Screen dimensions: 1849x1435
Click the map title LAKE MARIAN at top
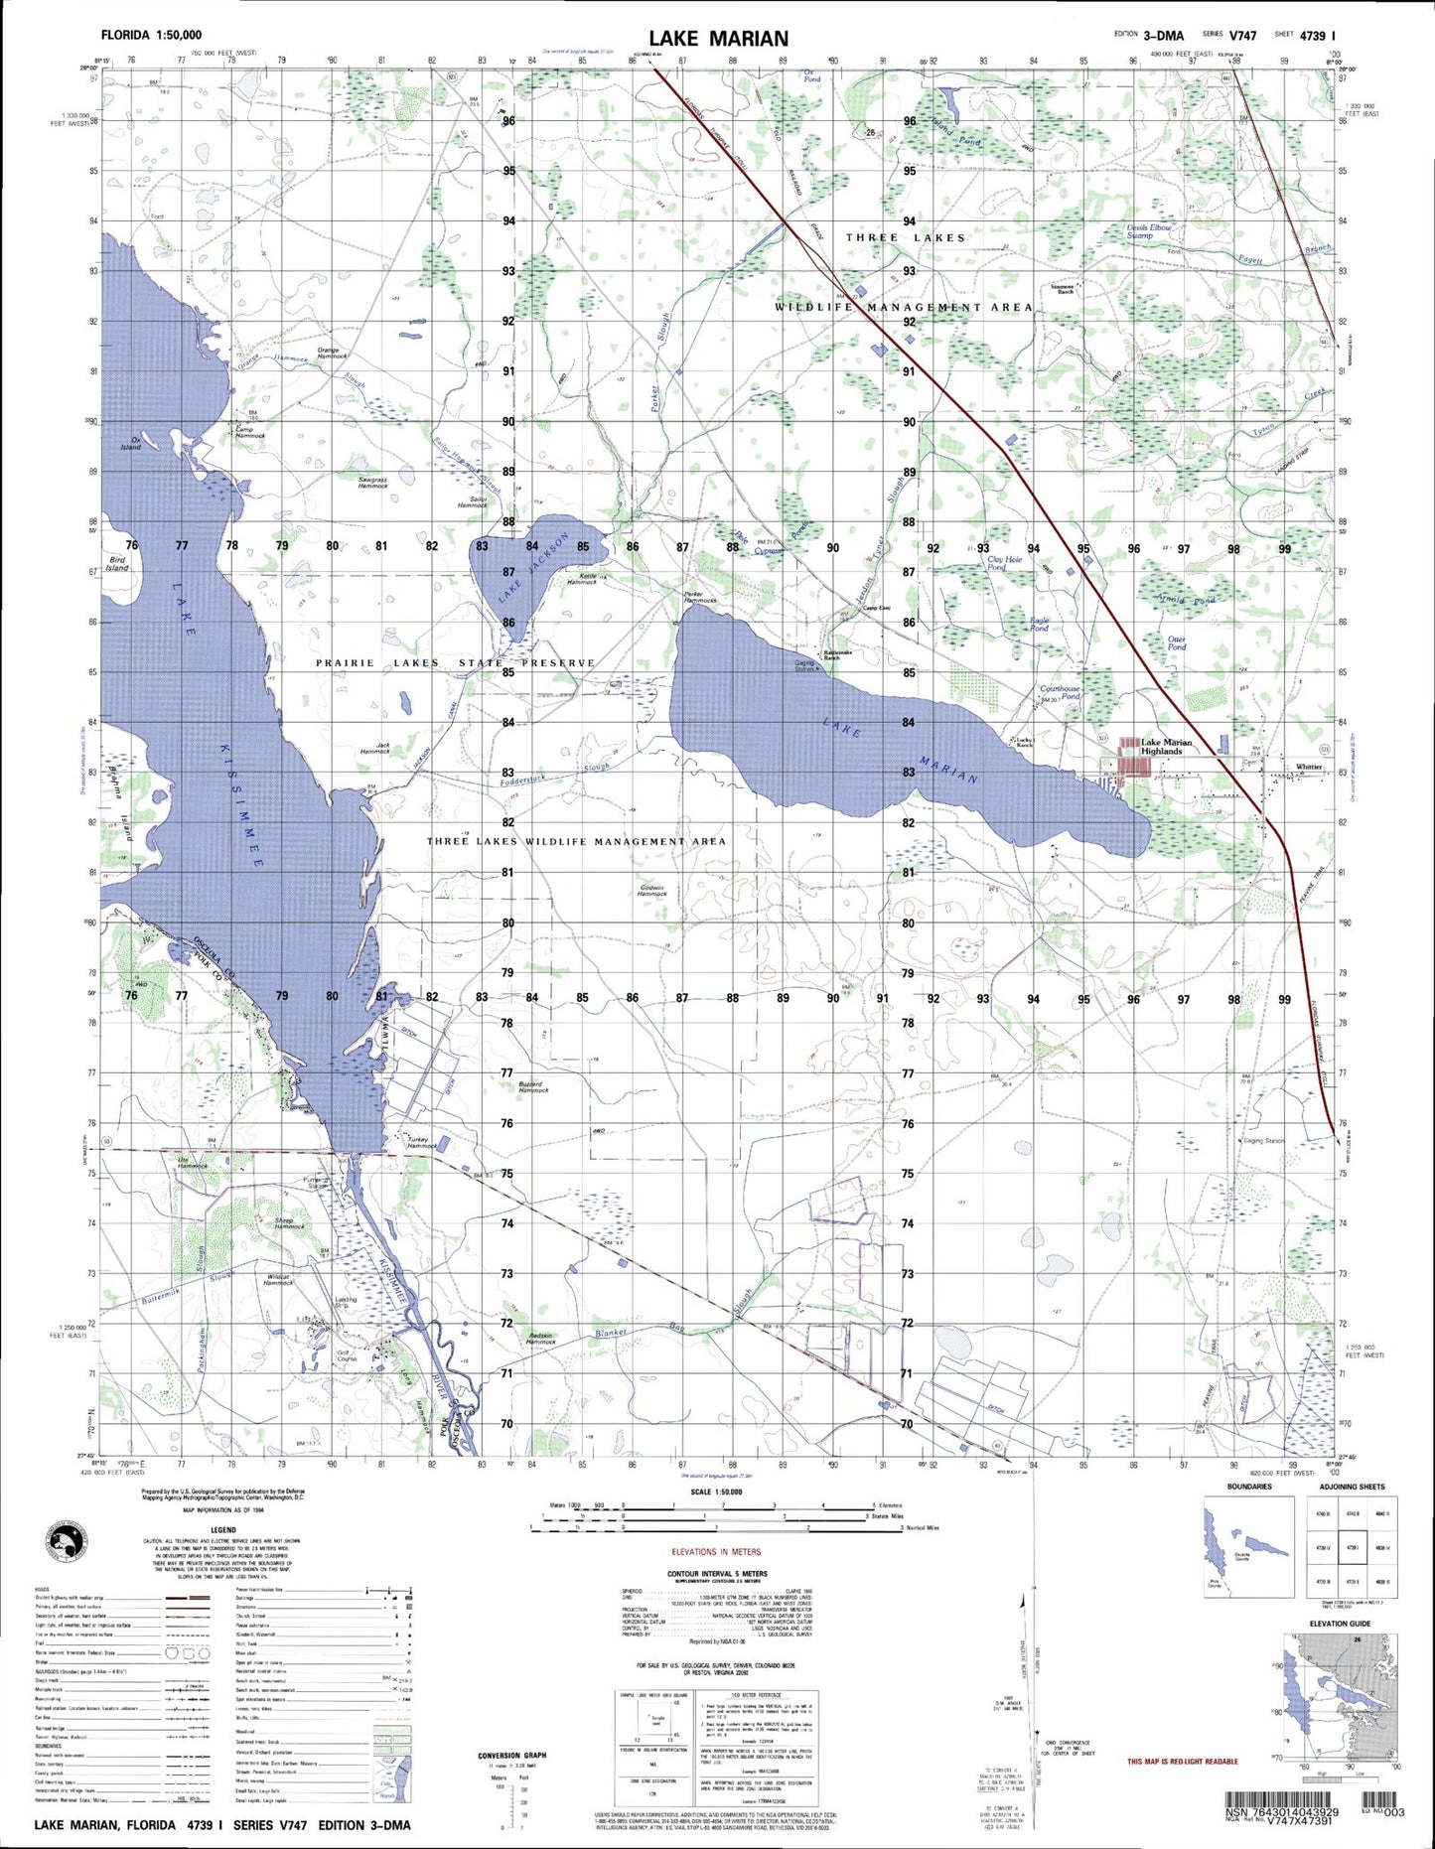719,39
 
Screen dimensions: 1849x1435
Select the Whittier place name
1309,767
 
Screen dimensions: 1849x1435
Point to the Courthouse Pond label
1060,692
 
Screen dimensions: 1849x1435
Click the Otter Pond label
1177,642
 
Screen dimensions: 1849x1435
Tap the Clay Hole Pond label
1004,562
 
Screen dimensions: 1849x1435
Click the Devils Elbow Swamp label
1149,231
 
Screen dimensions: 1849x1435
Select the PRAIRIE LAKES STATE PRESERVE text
455,662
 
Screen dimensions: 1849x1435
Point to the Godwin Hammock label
651,890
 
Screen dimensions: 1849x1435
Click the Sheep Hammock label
289,1222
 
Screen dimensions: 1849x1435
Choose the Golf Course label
347,1354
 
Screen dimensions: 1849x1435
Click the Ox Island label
130,443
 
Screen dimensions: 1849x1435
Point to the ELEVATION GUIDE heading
1341,1624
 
